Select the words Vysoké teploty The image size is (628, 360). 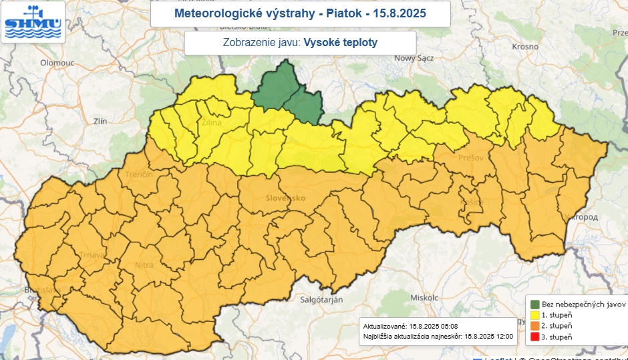point(341,42)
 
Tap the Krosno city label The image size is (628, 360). point(524,47)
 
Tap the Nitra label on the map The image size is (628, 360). point(144,265)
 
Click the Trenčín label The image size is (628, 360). point(139,174)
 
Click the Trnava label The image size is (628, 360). point(92,254)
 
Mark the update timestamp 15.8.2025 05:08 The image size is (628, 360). point(434,326)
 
